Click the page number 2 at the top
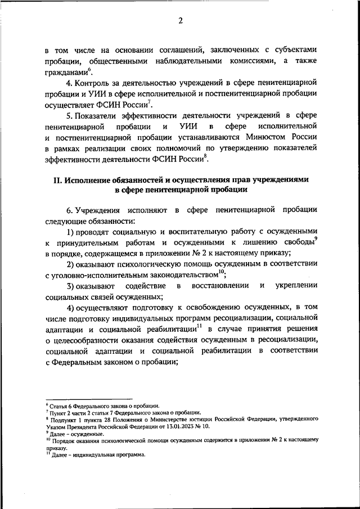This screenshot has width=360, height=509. point(181,21)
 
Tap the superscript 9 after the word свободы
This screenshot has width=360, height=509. point(316,239)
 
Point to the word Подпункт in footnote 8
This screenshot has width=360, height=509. point(63,420)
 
